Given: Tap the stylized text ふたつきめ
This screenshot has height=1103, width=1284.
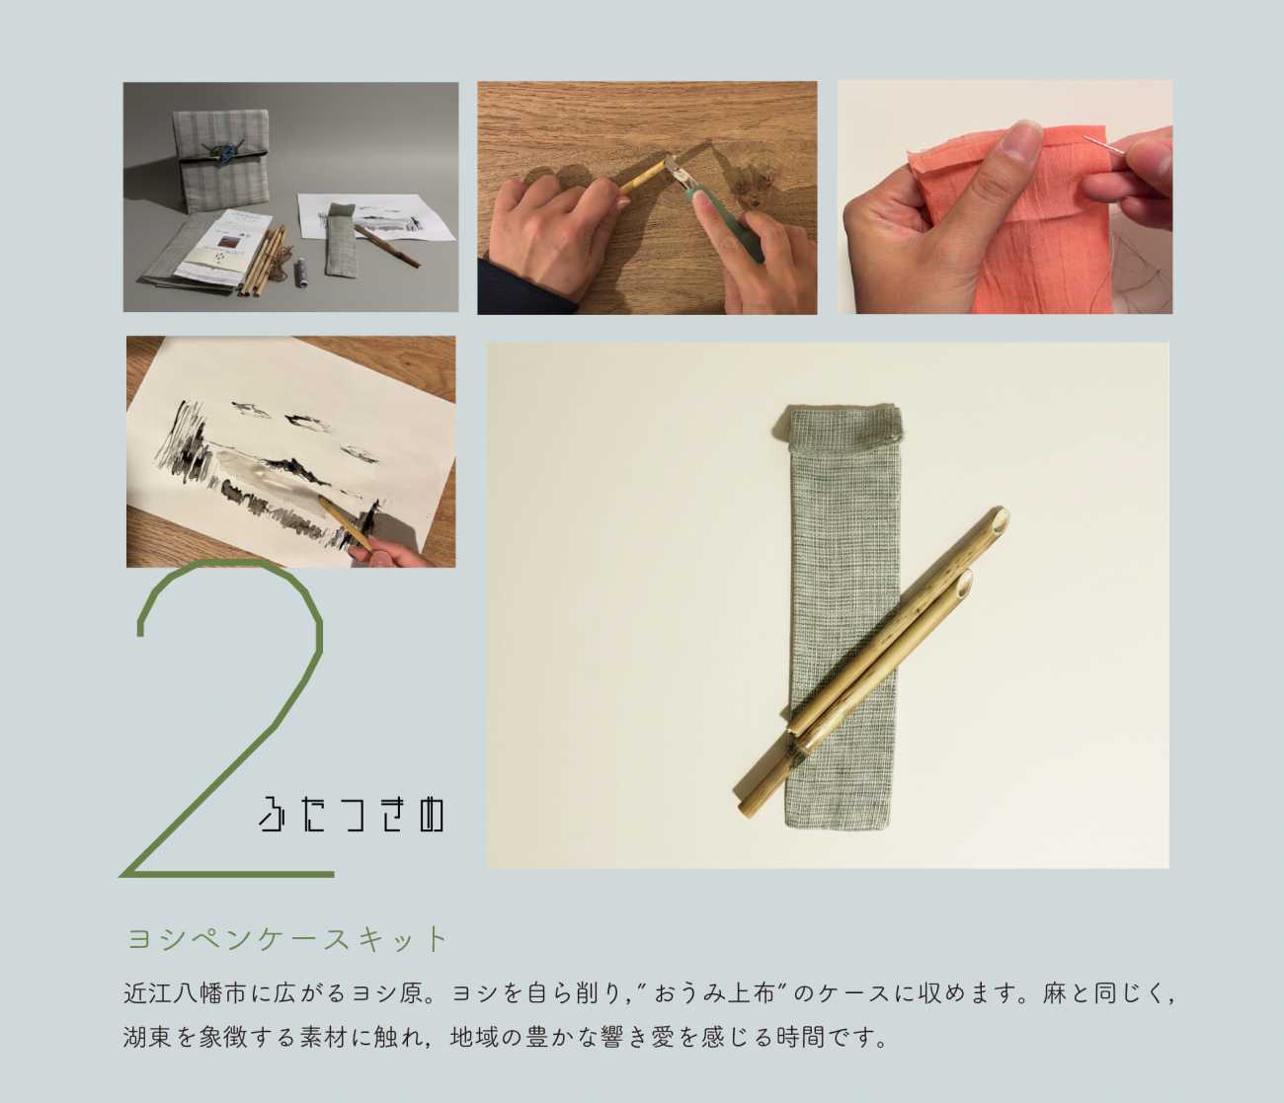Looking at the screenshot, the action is coord(351,815).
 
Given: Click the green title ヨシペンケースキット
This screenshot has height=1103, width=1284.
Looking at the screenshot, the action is coord(286,938).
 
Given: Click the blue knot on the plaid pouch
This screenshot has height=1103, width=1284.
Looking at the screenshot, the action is coord(220,154).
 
